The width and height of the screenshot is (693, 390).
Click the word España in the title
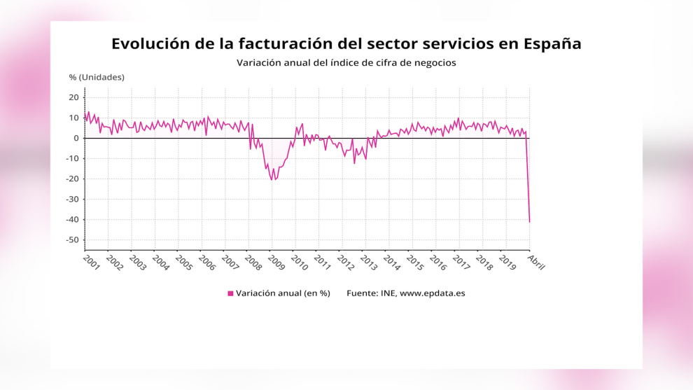click(x=552, y=44)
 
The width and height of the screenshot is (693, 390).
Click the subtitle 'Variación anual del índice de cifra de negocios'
click(x=346, y=63)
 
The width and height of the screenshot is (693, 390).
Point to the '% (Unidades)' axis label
click(x=97, y=78)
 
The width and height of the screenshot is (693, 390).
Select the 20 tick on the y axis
click(x=73, y=97)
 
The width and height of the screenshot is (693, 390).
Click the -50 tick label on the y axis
click(x=73, y=239)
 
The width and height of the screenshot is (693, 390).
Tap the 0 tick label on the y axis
click(x=76, y=138)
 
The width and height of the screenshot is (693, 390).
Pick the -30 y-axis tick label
click(x=73, y=199)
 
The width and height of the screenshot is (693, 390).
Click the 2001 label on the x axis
click(x=92, y=262)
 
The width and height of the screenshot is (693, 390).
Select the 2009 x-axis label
click(x=276, y=262)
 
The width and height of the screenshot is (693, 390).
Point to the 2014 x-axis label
click(x=391, y=262)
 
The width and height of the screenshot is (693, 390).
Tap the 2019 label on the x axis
click(x=507, y=262)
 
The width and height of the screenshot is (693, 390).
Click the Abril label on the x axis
click(x=536, y=262)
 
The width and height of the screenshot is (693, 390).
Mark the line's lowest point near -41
click(x=529, y=221)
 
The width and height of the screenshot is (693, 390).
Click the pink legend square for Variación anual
click(x=230, y=293)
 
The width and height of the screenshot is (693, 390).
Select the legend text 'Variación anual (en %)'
click(x=283, y=293)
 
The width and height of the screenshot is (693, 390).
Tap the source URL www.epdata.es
click(x=432, y=293)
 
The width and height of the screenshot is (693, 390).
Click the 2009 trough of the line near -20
click(x=272, y=179)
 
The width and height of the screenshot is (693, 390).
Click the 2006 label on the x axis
click(x=206, y=262)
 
